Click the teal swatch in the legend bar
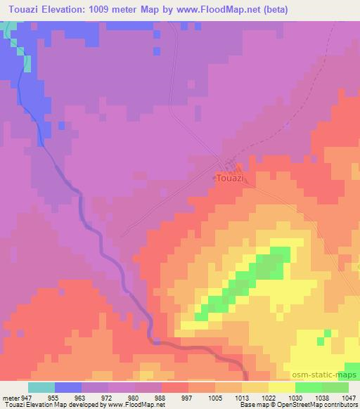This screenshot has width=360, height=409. pyautogui.click(x=41, y=387)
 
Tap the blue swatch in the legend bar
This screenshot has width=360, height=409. pyautogui.click(x=68, y=387)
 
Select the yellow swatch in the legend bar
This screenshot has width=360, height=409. pyautogui.click(x=281, y=387)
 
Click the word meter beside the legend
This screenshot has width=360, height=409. pyautogui.click(x=10, y=397)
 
